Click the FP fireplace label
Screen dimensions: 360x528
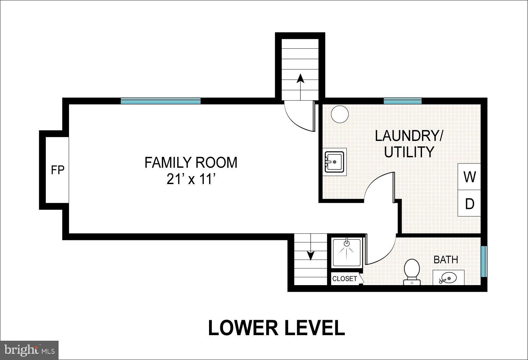58,170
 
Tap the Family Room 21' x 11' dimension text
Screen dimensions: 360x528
191,179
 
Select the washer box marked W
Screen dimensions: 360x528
469,177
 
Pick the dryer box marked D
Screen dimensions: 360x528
469,204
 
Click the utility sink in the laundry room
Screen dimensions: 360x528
334,162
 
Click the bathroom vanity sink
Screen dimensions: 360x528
448,278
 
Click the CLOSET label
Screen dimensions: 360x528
344,279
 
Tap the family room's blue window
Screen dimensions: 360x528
160,101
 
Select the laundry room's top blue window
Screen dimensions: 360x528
402,101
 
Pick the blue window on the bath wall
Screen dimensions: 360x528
484,261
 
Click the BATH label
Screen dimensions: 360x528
446,260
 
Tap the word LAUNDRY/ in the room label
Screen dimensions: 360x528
409,136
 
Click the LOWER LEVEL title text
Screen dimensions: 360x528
276,328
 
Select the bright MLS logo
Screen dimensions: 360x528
29,350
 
